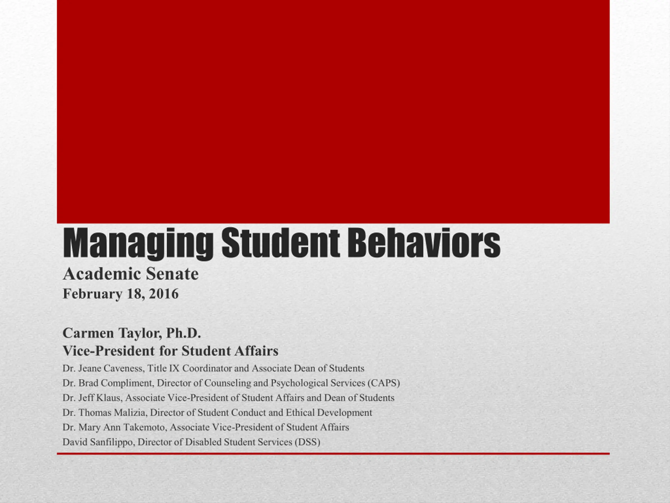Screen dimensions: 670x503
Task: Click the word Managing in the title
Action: [138, 244]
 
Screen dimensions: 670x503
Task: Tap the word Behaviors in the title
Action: [424, 243]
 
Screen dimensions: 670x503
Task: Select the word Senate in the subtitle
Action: [172, 274]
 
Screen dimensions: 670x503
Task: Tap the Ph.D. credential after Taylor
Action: [183, 333]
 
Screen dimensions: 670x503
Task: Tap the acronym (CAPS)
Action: [384, 383]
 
